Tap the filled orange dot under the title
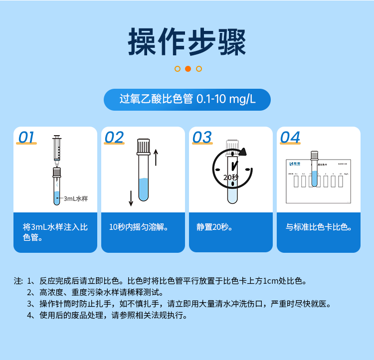point(188,69)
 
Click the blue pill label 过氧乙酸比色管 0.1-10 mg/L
point(187,99)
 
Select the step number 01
point(27,138)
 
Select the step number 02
point(114,138)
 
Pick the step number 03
point(202,138)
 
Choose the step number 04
point(290,138)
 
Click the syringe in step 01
point(56,150)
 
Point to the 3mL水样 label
point(75,198)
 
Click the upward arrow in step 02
point(156,157)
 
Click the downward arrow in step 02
point(131,197)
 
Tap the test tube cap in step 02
point(144,146)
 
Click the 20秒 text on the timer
point(231,177)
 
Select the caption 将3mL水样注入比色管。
point(55,232)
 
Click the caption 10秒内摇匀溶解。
point(139,227)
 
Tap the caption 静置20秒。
point(215,227)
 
